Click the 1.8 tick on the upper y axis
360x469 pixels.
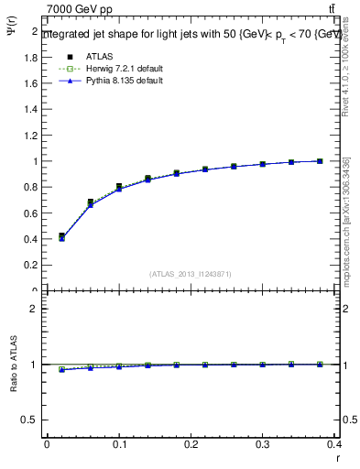(30, 57)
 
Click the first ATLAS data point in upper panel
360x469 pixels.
(61, 236)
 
